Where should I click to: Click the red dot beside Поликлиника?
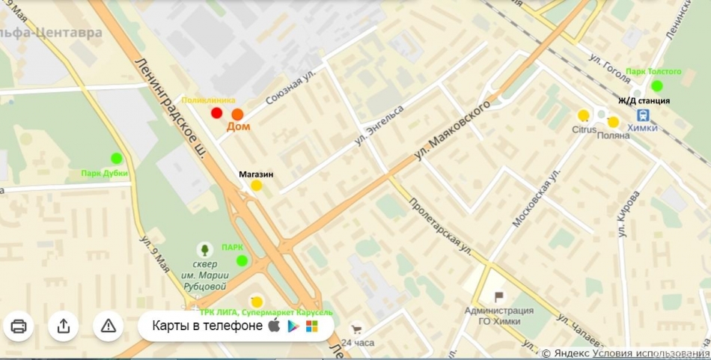click(x=217, y=113)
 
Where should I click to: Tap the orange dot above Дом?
click(x=237, y=115)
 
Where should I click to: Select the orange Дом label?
click(x=238, y=127)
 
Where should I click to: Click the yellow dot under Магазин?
click(x=256, y=185)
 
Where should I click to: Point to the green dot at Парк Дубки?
click(x=116, y=158)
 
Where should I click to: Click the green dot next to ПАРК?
click(x=242, y=260)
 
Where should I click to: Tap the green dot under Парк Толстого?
click(x=656, y=85)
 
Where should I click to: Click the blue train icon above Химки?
click(x=642, y=115)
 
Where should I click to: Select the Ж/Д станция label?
click(x=644, y=100)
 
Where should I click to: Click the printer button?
click(x=19, y=326)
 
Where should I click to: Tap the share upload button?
click(x=64, y=326)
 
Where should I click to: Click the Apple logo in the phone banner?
click(x=274, y=326)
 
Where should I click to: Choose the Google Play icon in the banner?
click(x=293, y=326)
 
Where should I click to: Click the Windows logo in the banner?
click(x=311, y=326)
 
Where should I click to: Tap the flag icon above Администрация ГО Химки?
click(x=498, y=297)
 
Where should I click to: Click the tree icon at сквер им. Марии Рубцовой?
click(x=203, y=249)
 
